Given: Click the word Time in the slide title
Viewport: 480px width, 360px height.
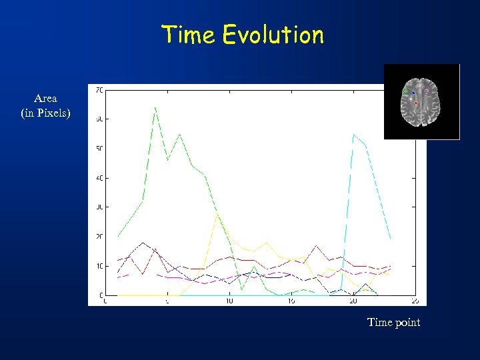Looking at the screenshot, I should click(189, 35).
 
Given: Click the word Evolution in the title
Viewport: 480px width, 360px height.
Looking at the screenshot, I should click(273, 35).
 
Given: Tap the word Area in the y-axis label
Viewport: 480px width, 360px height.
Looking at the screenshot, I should click(45, 99).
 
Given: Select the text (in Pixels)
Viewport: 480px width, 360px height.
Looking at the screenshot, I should click(45, 113).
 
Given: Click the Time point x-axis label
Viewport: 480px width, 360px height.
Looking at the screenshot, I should click(393, 323).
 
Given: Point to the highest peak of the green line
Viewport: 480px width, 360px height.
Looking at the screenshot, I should click(155, 107).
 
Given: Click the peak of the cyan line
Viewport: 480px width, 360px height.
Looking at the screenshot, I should click(353, 135).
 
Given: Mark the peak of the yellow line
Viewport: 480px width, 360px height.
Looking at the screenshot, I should click(217, 214).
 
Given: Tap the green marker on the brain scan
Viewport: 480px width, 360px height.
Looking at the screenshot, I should click(406, 91).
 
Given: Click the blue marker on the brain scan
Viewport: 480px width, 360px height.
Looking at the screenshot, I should click(413, 93).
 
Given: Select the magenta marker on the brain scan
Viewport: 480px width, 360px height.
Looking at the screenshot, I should click(427, 91).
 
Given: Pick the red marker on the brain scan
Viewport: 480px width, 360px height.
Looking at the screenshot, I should click(416, 103).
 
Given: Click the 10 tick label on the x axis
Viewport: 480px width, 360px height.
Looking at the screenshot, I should click(229, 301).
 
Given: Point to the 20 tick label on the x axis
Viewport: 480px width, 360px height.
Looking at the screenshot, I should click(353, 301).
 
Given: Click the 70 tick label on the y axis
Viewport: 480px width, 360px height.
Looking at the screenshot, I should click(98, 89).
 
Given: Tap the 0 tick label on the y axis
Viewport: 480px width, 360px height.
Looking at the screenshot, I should click(100, 295).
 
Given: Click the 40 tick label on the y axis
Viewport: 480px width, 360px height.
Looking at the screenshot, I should click(98, 178).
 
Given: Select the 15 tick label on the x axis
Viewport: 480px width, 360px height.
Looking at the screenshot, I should click(291, 301).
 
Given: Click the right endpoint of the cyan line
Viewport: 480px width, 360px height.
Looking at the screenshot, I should click(391, 239).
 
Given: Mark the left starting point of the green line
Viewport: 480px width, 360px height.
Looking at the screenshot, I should click(118, 237).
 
